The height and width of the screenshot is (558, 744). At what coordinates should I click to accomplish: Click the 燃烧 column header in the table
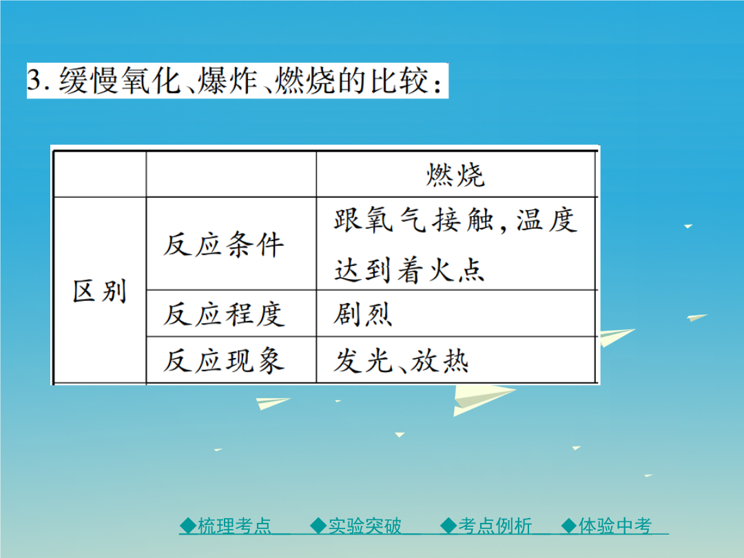[x=455, y=175]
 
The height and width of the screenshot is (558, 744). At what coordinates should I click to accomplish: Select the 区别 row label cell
[x=100, y=291]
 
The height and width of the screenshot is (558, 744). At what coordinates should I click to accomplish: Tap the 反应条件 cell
[x=224, y=245]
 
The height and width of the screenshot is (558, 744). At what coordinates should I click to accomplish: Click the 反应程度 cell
[x=224, y=314]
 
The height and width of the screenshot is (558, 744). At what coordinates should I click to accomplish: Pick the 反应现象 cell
[x=224, y=360]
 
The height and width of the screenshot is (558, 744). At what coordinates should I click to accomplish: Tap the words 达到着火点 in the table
[x=409, y=270]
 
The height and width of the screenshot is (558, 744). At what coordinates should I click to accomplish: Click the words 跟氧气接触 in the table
[x=413, y=220]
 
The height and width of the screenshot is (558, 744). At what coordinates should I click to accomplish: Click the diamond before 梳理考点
[x=188, y=526]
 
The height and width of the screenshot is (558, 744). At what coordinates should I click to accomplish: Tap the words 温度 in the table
[x=546, y=220]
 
